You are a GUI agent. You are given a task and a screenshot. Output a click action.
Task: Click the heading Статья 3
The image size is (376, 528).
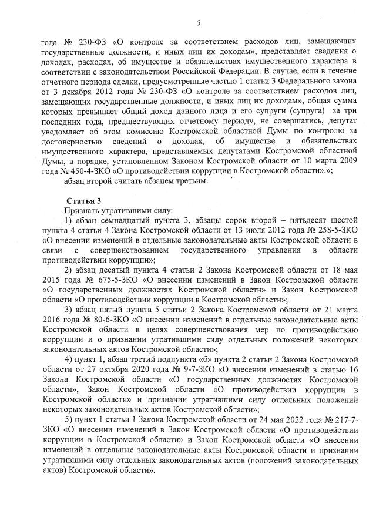pyautogui.click(x=83, y=201)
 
